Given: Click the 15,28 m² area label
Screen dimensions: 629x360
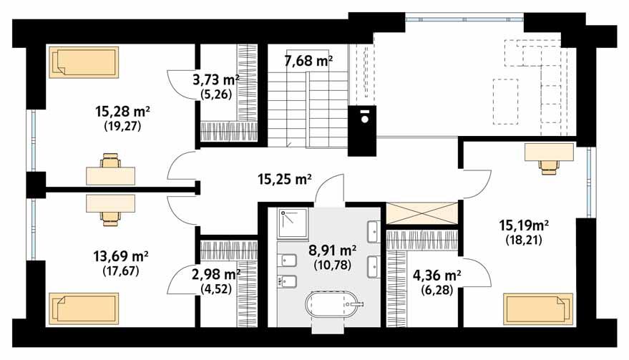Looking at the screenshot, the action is (x=123, y=111).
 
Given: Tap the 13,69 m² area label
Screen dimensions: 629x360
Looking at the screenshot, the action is (x=121, y=256).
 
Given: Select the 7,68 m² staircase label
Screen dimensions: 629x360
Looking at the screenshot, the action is (x=308, y=62).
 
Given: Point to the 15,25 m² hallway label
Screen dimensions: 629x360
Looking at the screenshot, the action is (x=285, y=179).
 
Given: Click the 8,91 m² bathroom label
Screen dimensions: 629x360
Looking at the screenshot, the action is (x=333, y=250).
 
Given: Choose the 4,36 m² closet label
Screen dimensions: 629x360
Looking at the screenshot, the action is (x=437, y=276).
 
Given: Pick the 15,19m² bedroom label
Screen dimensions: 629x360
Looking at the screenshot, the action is (x=524, y=225).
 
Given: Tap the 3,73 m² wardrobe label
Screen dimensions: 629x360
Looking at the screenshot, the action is (x=216, y=80).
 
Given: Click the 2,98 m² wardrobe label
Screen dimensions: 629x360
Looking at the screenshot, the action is (x=216, y=275).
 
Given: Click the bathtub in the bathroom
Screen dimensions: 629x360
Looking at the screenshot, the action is (x=333, y=306).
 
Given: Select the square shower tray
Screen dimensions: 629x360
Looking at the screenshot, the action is (x=293, y=223).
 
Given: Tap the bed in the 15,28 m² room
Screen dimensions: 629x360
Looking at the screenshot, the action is (x=84, y=62).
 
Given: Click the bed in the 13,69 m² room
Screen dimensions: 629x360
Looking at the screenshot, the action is (x=84, y=308).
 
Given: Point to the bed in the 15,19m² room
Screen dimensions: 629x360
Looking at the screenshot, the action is (x=538, y=308).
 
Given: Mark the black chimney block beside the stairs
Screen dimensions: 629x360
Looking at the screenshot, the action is (x=362, y=131).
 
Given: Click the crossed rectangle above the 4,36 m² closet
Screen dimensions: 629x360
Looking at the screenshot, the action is (x=421, y=213).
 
